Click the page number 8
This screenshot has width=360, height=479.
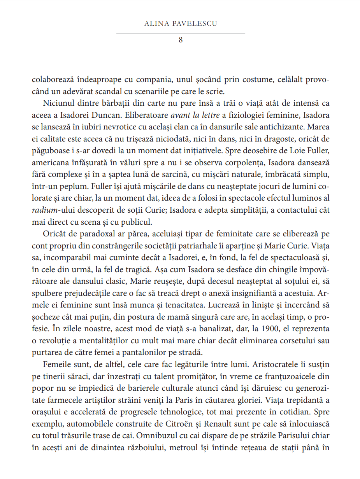[x=181, y=40]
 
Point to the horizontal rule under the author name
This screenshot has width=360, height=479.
[x=181, y=33]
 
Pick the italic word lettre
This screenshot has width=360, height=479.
[x=214, y=115]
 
